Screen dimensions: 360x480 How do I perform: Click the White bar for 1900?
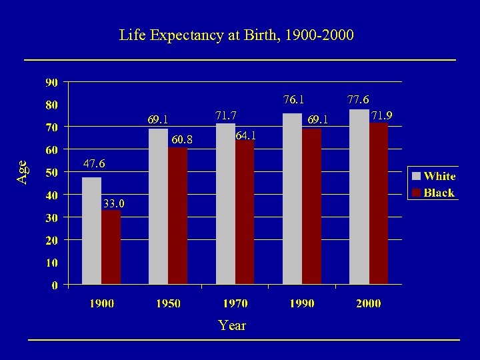click(91, 231)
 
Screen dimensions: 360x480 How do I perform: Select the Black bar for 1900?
click(111, 247)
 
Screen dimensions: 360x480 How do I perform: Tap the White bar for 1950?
click(159, 207)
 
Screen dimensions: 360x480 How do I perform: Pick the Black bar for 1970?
click(245, 212)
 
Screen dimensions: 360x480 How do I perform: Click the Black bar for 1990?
click(311, 207)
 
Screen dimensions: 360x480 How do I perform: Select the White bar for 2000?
click(359, 197)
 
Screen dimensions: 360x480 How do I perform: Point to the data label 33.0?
click(113, 203)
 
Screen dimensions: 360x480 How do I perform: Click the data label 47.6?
click(93, 164)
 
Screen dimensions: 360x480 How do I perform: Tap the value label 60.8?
click(182, 140)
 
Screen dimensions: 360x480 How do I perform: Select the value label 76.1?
click(293, 100)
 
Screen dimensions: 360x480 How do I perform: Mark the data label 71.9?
click(382, 115)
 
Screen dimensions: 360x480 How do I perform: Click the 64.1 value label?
click(245, 135)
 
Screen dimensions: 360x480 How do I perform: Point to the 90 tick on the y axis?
click(51, 83)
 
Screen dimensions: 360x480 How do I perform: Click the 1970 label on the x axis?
click(235, 303)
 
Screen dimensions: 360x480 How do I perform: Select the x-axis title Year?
click(232, 326)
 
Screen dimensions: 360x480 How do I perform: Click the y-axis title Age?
click(23, 172)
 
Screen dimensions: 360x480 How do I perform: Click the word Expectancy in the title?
click(186, 35)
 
